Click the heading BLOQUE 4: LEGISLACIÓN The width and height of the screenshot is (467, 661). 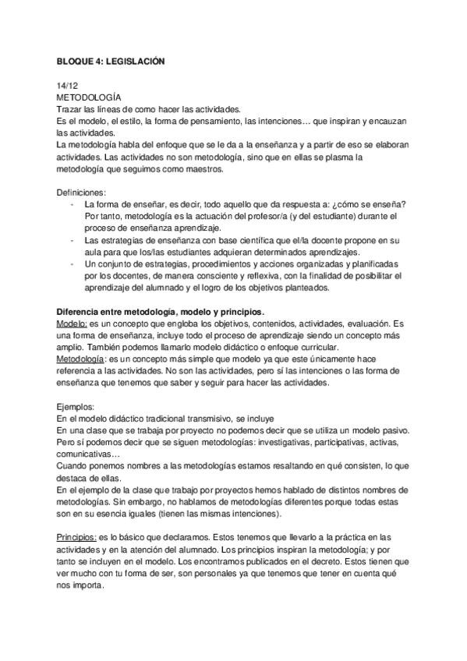point(111,60)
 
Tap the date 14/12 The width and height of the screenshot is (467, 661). point(67,84)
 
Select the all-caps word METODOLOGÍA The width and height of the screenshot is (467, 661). point(89,97)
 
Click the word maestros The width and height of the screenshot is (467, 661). point(201,169)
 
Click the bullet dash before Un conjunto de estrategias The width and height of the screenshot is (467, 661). point(73,265)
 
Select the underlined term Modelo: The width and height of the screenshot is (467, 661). point(73,324)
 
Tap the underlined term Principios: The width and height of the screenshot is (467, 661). point(77,539)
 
